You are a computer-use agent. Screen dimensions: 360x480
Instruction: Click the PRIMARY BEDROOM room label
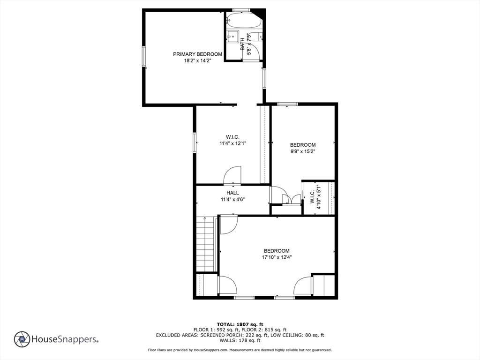197,54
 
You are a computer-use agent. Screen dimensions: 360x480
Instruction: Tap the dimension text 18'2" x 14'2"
197,61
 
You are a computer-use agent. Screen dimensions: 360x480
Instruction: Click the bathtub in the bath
243,21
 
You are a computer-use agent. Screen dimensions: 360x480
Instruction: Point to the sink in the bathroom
232,37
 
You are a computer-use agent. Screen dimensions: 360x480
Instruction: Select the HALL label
232,193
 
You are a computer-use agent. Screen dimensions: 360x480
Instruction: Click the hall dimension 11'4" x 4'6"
232,199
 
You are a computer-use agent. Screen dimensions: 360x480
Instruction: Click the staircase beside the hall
205,244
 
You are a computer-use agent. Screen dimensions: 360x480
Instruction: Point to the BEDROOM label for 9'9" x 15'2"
302,145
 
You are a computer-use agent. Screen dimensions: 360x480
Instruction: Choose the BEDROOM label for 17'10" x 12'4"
276,251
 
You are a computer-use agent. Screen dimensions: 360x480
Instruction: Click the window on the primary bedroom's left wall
144,57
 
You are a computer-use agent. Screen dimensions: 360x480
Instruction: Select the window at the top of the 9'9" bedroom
287,104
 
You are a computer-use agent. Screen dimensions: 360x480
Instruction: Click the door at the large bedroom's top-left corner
229,224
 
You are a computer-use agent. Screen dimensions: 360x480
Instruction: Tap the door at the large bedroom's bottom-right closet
303,286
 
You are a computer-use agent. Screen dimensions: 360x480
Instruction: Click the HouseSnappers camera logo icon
22,339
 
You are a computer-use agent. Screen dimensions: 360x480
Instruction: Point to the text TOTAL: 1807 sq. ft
240,324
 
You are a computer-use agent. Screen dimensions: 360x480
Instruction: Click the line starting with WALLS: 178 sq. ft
240,341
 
